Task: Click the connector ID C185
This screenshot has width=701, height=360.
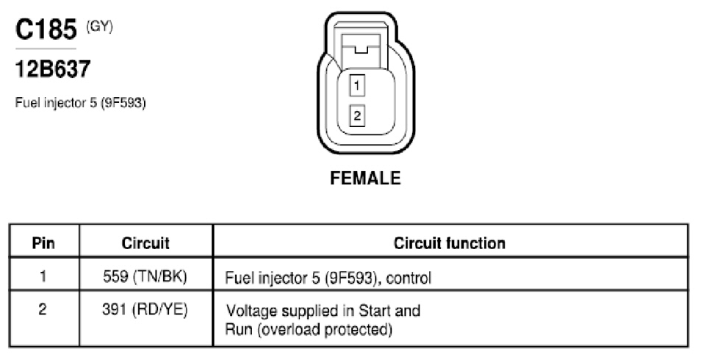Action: [46, 29]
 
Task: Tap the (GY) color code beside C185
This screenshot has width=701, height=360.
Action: [99, 27]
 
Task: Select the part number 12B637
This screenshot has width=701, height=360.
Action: [53, 69]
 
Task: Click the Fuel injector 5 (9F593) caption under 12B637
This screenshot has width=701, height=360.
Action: [81, 103]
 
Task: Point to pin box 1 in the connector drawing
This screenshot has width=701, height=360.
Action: [357, 85]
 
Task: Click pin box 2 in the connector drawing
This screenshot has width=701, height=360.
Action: [357, 115]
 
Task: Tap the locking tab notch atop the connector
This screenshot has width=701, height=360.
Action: [361, 48]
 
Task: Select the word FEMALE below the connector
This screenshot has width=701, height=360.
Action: [365, 179]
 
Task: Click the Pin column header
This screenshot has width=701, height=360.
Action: [43, 243]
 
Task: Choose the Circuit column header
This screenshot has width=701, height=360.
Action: [145, 243]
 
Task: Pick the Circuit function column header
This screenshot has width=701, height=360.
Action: [449, 243]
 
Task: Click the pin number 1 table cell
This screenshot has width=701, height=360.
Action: [43, 276]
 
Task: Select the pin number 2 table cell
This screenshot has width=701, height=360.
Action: [43, 309]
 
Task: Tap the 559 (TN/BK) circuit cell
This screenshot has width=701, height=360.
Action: [145, 276]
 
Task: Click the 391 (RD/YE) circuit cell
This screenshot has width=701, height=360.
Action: [145, 309]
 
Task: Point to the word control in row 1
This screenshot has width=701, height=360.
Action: [409, 278]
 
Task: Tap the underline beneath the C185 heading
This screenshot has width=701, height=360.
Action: [46, 48]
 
